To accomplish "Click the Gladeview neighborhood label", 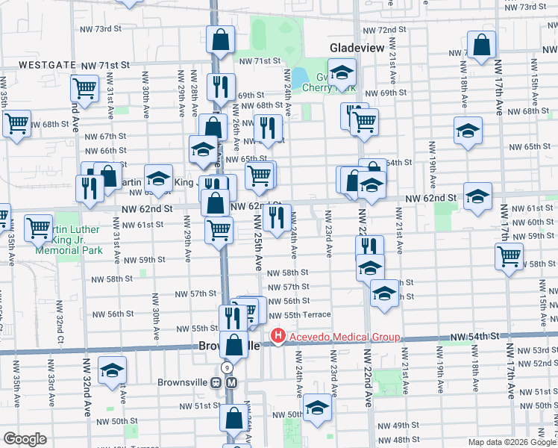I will coord(357,48).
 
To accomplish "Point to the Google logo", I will coord(25,439).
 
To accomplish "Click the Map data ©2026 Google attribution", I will coord(512,442).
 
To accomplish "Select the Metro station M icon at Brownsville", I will coord(231,382).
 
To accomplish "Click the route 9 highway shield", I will coord(227,369).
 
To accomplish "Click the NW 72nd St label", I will coord(383,30).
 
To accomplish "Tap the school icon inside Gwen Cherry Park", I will coord(342,73).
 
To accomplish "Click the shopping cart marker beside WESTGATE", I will coord(85,89).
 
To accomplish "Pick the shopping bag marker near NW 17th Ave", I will coord(482,46).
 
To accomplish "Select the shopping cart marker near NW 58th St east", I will coord(509,256).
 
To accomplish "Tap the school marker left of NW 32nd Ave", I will coord(113,370).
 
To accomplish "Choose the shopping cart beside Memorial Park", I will coord(38,228).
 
